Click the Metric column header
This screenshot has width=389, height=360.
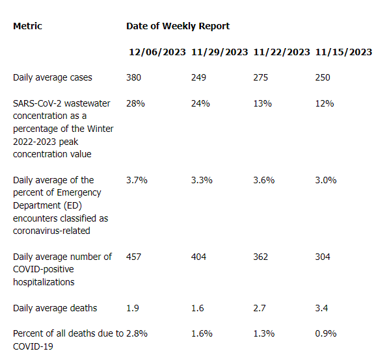[x=27, y=26]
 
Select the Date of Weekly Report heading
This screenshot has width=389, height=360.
[x=178, y=26]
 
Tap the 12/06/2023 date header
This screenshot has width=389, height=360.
[x=157, y=52]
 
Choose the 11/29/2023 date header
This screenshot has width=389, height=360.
[x=219, y=52]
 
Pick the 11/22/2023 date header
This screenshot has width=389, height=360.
[x=282, y=52]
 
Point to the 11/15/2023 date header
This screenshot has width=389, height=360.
[x=343, y=52]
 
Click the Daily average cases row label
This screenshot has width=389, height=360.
[x=53, y=78]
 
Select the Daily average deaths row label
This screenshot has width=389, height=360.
[x=55, y=308]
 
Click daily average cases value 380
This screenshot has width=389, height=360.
[x=133, y=78]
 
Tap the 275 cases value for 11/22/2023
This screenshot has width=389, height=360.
[x=260, y=78]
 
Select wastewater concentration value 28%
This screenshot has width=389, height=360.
[x=135, y=103]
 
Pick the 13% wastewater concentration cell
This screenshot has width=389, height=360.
[x=262, y=103]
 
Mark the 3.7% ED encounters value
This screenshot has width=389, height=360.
[x=137, y=180]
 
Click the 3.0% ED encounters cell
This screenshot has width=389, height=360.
[x=326, y=180]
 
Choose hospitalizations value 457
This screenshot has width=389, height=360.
[x=133, y=257]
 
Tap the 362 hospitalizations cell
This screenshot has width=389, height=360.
[x=260, y=257]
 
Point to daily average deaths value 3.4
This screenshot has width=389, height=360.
[x=321, y=308]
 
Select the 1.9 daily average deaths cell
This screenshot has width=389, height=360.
[x=133, y=308]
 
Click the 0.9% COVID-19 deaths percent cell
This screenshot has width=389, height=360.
[x=326, y=334]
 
